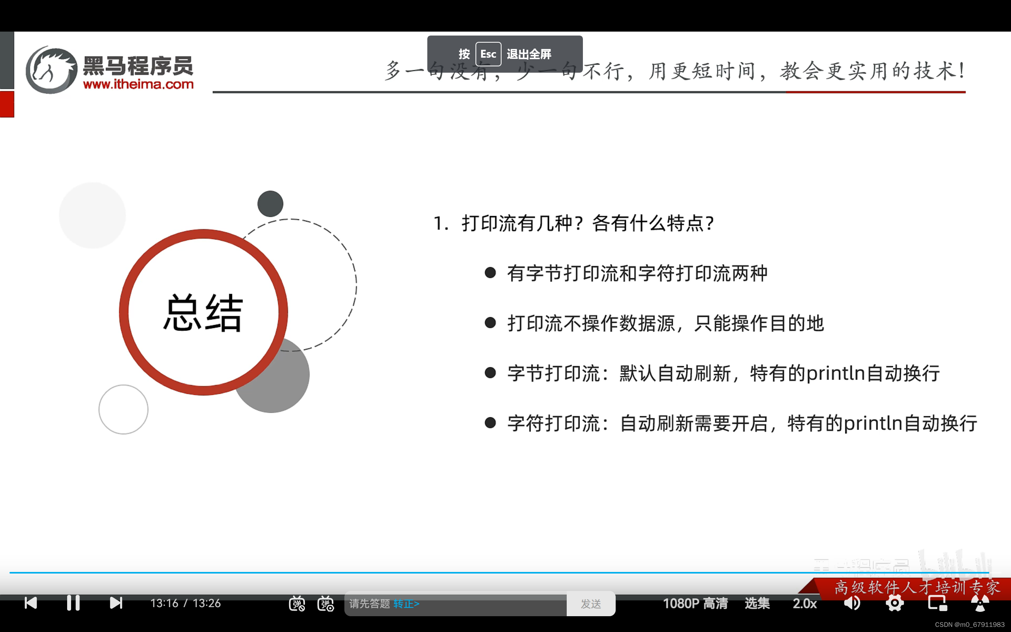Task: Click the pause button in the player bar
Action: [x=73, y=603]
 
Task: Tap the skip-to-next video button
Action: [x=116, y=603]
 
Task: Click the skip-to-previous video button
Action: [x=31, y=603]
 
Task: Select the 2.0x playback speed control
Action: [x=804, y=603]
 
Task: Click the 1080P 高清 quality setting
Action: [x=695, y=603]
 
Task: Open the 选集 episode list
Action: [x=757, y=603]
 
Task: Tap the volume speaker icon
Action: [x=852, y=603]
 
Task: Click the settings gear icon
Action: [x=894, y=603]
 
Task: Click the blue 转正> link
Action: [x=406, y=604]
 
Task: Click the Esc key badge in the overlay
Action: [x=488, y=54]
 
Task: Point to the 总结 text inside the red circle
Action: [x=203, y=313]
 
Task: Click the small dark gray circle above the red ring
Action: [x=270, y=203]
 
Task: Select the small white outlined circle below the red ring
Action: [x=123, y=409]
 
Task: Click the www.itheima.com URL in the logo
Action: [x=138, y=84]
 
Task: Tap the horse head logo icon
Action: [x=51, y=70]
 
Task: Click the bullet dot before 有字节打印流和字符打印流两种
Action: [x=490, y=273]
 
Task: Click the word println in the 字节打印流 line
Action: [x=836, y=373]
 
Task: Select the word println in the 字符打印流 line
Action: [x=873, y=423]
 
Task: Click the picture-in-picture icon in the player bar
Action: [x=937, y=603]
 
